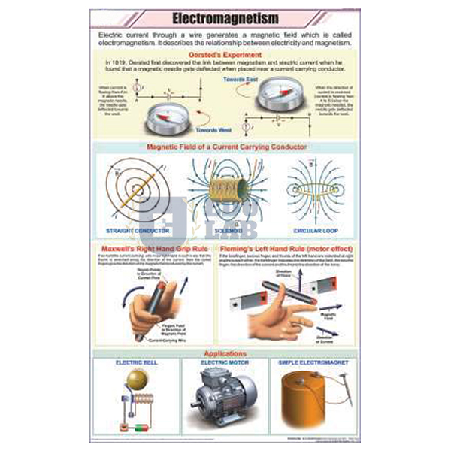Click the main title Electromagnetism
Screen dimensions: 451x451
tap(225, 17)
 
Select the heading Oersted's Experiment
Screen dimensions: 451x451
tap(225, 54)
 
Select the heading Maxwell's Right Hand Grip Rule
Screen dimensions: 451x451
tap(154, 248)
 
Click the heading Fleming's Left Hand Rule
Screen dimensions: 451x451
tap(286, 248)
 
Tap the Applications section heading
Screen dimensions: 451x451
tap(225, 353)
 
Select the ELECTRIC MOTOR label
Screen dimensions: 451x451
tap(224, 362)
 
